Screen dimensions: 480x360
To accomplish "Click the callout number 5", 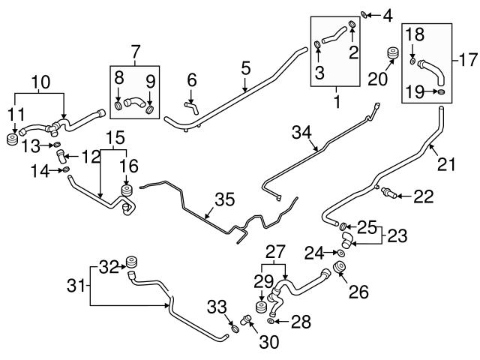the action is click(x=246, y=68).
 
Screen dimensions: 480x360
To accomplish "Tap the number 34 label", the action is click(x=301, y=133).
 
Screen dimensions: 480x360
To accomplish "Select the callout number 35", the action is click(x=225, y=199).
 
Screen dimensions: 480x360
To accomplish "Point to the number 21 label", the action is click(x=446, y=164).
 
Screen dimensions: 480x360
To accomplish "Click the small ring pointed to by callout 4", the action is click(x=364, y=14).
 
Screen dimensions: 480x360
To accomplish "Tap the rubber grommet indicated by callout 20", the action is click(x=392, y=53).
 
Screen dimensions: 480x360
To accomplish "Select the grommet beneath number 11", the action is click(x=12, y=139).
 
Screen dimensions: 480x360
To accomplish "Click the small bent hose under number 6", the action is click(x=191, y=109).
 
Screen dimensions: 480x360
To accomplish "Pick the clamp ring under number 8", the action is click(x=118, y=106).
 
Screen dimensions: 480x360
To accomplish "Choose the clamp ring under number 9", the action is click(x=150, y=109).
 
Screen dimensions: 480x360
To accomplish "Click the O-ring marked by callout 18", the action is click(x=412, y=61).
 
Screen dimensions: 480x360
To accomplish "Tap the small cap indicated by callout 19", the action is click(x=441, y=91).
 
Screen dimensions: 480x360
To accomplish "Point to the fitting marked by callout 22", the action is click(x=388, y=193).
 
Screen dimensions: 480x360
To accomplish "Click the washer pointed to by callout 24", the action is click(x=340, y=253).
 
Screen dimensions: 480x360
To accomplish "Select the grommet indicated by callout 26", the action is click(x=340, y=267).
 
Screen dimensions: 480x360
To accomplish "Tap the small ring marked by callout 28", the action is click(x=270, y=321).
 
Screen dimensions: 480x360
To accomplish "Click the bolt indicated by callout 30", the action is click(x=245, y=319).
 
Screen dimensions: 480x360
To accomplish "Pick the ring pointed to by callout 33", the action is click(x=235, y=329).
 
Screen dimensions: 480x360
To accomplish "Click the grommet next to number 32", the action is click(x=131, y=262).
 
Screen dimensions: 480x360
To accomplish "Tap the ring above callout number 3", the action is click(x=318, y=45).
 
